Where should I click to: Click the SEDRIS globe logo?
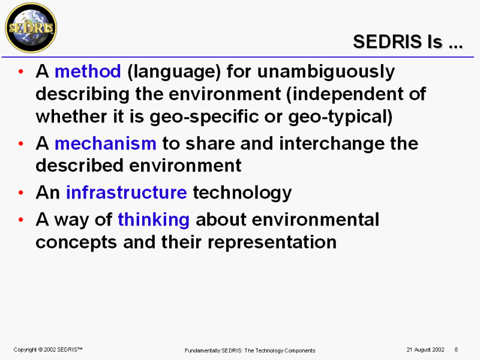pyautogui.click(x=31, y=28)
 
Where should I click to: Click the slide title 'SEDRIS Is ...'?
pyautogui.click(x=408, y=41)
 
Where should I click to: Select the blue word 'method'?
pyautogui.click(x=88, y=71)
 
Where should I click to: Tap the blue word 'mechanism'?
pyautogui.click(x=106, y=143)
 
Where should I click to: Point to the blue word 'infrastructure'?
pyautogui.click(x=127, y=192)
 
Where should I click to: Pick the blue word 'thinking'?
pyautogui.click(x=154, y=220)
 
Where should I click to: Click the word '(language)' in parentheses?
pyautogui.click(x=174, y=72)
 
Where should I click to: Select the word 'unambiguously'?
pyautogui.click(x=326, y=72)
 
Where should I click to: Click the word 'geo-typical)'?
pyautogui.click(x=340, y=117)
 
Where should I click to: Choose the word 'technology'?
pyautogui.click(x=242, y=193)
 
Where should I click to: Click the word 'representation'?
pyautogui.click(x=272, y=243)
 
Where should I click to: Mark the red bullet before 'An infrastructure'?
pyautogui.click(x=21, y=193)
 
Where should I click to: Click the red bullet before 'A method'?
pyautogui.click(x=21, y=71)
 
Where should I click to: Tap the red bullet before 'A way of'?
pyautogui.click(x=21, y=220)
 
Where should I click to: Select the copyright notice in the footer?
pyautogui.click(x=48, y=350)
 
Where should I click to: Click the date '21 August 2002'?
pyautogui.click(x=425, y=350)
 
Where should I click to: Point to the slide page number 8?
pyautogui.click(x=456, y=350)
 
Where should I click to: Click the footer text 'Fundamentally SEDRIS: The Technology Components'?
pyautogui.click(x=250, y=350)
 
